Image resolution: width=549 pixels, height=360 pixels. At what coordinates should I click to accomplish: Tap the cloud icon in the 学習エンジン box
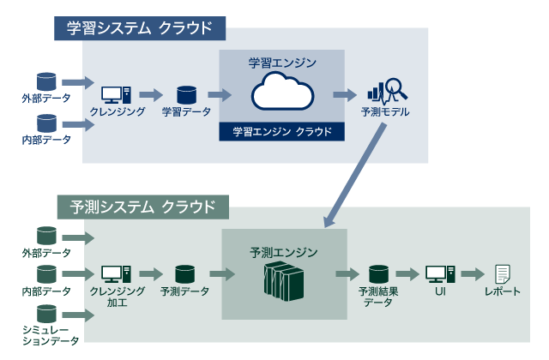282,92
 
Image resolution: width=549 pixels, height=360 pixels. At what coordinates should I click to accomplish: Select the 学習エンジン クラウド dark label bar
282,132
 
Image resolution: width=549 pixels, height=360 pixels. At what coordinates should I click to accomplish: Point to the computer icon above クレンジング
115,94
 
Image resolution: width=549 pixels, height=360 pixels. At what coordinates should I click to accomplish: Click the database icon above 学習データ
186,94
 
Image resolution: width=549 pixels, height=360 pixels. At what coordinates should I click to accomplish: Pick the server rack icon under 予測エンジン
283,279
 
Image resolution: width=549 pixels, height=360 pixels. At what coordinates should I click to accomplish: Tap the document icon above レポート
503,274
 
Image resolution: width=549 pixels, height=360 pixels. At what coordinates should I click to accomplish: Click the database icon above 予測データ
184,274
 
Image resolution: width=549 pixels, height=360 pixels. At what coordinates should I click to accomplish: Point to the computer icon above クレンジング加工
115,274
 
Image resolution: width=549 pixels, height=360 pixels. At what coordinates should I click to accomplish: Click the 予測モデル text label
386,112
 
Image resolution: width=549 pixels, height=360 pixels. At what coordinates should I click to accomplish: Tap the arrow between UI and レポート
472,274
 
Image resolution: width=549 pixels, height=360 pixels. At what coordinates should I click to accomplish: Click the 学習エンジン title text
282,63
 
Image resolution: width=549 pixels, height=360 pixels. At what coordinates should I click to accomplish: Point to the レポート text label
503,291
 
